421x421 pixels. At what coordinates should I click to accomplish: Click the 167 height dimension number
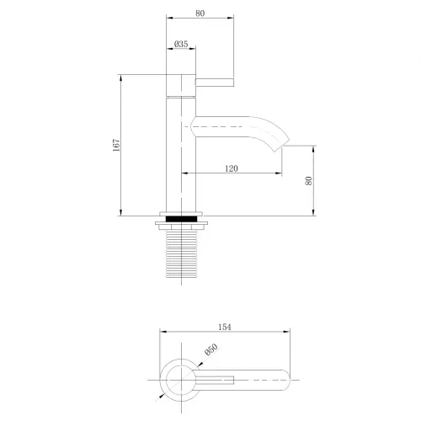[x=116, y=145]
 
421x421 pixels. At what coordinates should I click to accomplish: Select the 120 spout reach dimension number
[x=232, y=168]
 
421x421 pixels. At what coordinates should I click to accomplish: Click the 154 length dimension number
[x=224, y=327]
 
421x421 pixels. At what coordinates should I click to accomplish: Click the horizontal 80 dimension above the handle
[x=199, y=13]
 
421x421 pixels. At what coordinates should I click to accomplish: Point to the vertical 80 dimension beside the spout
[x=308, y=179]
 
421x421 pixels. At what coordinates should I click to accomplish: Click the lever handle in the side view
[x=215, y=82]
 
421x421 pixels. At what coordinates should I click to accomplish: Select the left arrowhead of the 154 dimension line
[x=162, y=333]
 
